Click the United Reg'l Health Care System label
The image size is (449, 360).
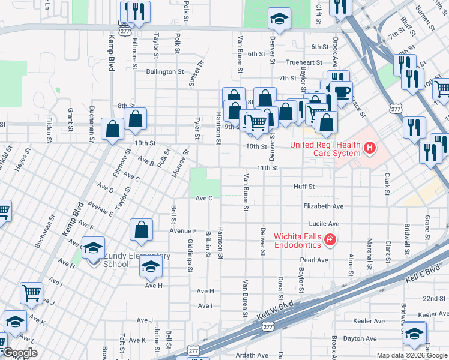point(325,148)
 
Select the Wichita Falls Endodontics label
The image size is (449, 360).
point(298,239)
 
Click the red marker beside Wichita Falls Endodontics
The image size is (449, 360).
point(330,241)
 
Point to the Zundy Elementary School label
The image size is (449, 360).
point(137,260)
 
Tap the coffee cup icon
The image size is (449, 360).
point(342,92)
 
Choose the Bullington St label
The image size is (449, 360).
point(164,71)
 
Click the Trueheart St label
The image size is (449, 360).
point(305,62)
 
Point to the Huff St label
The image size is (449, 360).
point(304,187)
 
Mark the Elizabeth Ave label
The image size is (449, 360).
point(323,206)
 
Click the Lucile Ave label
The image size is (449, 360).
point(325,223)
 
